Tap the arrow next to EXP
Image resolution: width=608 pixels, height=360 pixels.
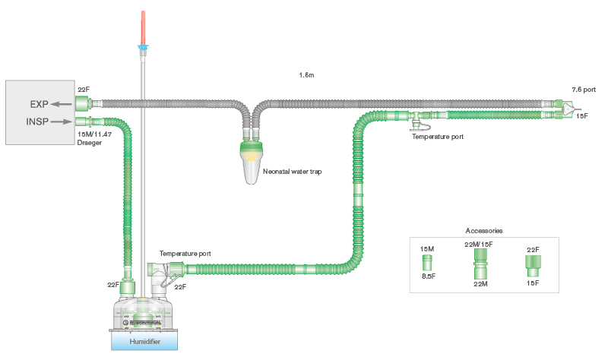point(60,104)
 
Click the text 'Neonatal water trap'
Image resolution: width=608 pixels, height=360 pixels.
point(292,172)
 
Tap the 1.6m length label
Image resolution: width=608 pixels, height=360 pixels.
point(308,76)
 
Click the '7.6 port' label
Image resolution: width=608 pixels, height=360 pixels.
point(584,90)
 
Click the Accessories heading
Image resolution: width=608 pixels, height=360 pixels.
point(483,230)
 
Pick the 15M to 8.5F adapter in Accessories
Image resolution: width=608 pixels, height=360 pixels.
point(426,263)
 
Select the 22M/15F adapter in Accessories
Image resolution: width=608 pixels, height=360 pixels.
point(478,267)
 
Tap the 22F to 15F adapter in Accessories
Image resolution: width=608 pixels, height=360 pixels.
point(532,265)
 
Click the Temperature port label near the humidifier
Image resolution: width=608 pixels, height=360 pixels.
point(185,253)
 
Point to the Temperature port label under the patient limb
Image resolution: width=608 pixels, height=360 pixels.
point(438,137)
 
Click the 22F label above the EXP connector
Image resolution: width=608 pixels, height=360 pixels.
point(84,90)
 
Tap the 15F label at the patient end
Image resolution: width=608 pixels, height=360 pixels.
point(581,116)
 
